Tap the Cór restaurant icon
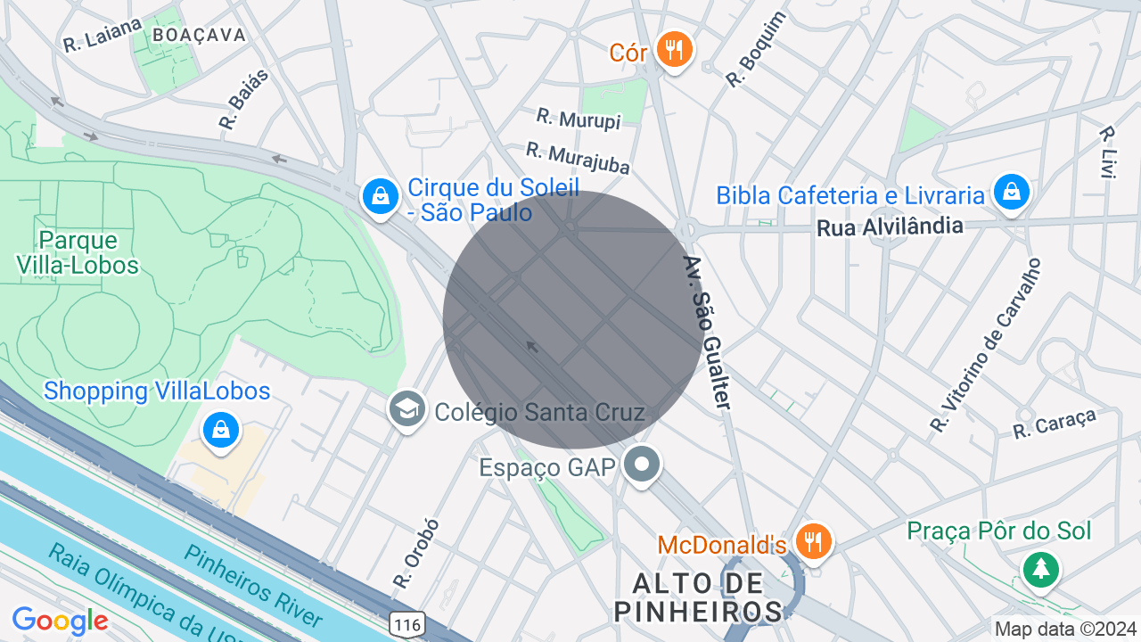(x=674, y=49)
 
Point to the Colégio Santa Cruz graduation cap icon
(x=407, y=410)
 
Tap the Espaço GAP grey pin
(x=641, y=465)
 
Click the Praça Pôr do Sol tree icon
(x=1040, y=568)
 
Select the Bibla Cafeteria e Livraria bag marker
(x=1012, y=192)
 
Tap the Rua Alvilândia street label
(x=890, y=227)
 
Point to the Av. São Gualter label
(x=707, y=333)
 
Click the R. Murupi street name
(x=578, y=119)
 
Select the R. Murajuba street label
(x=578, y=158)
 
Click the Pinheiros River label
(x=253, y=585)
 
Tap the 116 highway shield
(x=406, y=625)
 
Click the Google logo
(x=60, y=621)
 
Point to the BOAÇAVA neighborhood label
(x=199, y=35)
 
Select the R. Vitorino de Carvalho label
(x=985, y=346)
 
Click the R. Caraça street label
(x=1054, y=423)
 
